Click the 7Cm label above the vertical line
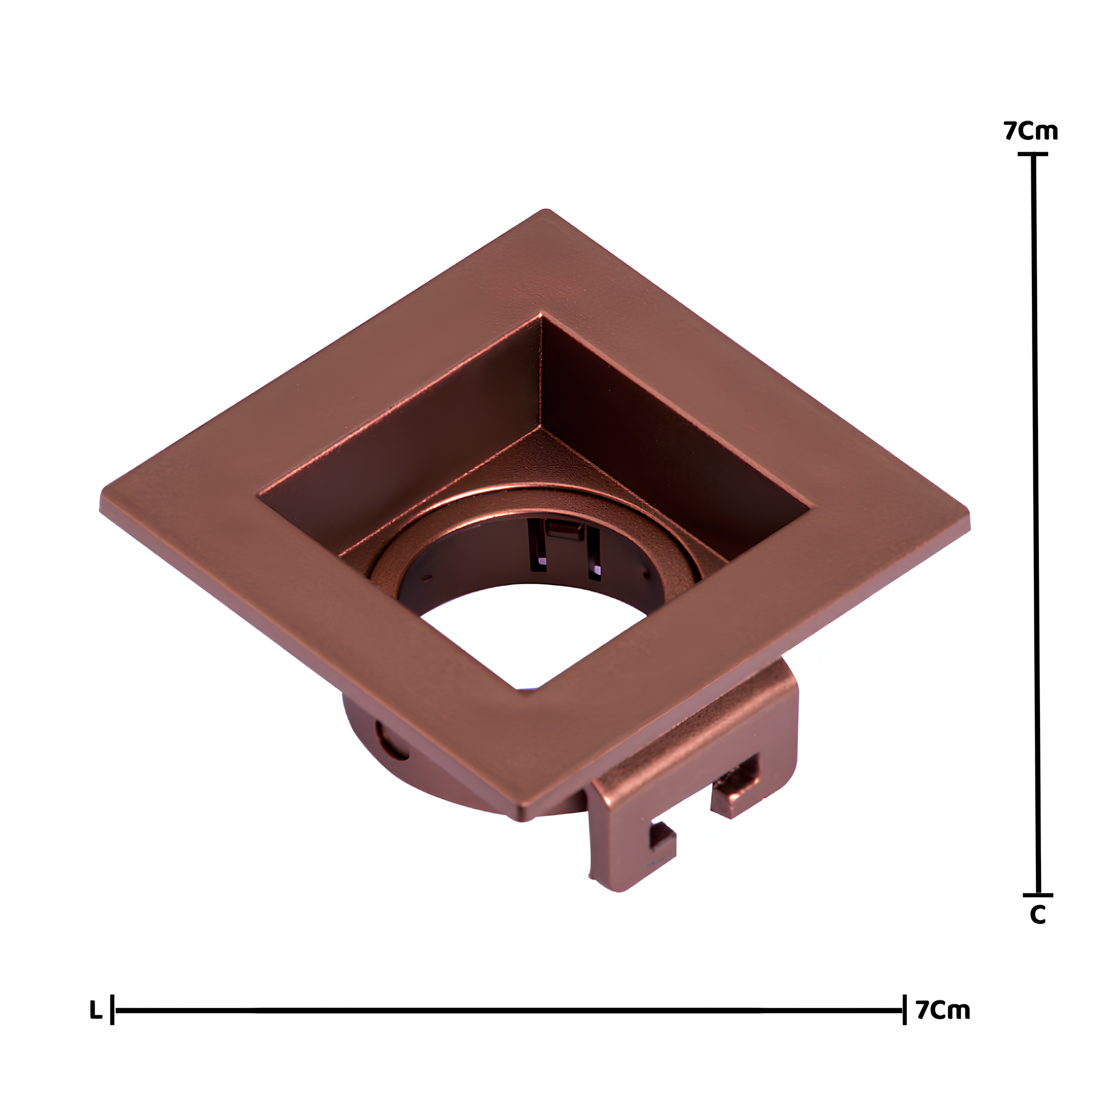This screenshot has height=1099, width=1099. click(x=1030, y=131)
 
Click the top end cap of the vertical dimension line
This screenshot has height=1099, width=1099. click(x=1033, y=154)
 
